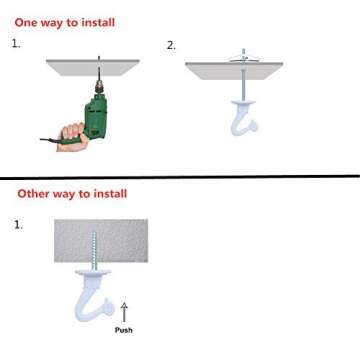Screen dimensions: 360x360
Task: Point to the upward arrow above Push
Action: pyautogui.click(x=124, y=312)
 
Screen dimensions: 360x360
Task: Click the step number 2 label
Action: pyautogui.click(x=170, y=45)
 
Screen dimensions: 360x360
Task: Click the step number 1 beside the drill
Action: pyautogui.click(x=16, y=45)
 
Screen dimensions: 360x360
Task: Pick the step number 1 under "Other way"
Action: pyautogui.click(x=19, y=224)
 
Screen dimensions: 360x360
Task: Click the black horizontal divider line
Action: pyautogui.click(x=180, y=176)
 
